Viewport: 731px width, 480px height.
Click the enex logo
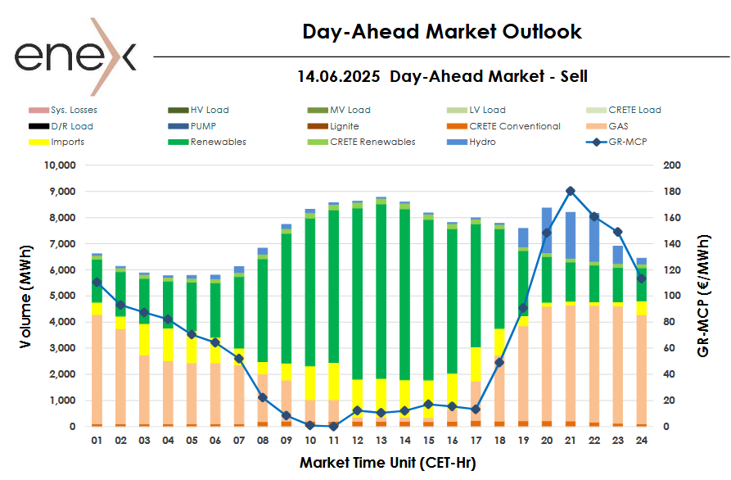(x=74, y=56)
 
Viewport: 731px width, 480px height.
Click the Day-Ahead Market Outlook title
(x=442, y=32)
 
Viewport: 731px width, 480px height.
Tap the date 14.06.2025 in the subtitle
(x=338, y=77)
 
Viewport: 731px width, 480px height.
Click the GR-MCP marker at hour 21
(x=571, y=191)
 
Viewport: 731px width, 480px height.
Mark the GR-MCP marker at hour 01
(x=97, y=282)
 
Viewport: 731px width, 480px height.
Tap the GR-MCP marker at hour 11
(x=333, y=426)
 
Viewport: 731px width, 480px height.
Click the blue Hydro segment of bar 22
(x=594, y=238)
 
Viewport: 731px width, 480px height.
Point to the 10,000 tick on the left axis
(x=58, y=165)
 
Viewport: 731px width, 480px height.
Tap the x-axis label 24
(x=642, y=440)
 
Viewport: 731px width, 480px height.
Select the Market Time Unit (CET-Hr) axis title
(x=387, y=463)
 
